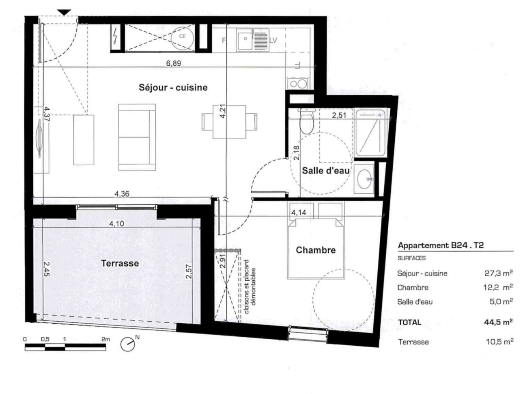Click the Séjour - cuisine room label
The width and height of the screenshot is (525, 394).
pos(173,87)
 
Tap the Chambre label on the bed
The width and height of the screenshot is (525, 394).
pos(316,250)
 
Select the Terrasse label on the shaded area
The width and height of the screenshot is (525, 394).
pos(120,263)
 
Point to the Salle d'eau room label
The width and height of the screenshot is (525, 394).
pos(325,171)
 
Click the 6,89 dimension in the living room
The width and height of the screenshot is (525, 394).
pos(173,63)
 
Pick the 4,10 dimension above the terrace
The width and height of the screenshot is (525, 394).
pos(116,223)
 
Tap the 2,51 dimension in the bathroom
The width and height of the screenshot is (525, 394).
pos(339,115)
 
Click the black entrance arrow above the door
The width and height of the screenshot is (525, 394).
pos(65,13)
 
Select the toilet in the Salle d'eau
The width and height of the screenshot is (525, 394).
pos(307,121)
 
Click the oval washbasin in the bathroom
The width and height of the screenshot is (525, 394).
pos(364,179)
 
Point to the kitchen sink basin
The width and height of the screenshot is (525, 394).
pos(245,39)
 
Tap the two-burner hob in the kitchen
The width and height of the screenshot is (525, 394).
pos(297,84)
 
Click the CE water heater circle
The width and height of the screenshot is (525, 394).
pos(182,37)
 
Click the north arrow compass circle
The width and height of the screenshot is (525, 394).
pos(128,345)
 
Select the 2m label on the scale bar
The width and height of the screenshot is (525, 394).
pos(106,339)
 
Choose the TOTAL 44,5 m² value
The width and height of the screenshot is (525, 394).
pos(498,322)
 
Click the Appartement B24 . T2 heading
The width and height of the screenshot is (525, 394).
pos(441,245)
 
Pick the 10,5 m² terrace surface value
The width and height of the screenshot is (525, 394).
pos(499,342)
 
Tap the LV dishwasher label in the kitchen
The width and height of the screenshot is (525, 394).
pos(273,40)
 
